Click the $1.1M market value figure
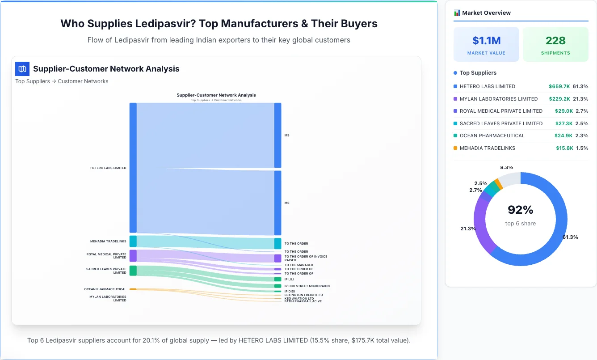(x=486, y=41)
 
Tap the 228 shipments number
(x=555, y=41)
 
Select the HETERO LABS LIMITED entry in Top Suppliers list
(x=487, y=86)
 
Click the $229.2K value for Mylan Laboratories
(x=559, y=99)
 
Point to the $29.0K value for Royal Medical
(x=561, y=111)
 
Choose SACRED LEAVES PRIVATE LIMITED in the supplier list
(x=501, y=123)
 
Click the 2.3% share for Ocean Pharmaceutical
(x=582, y=136)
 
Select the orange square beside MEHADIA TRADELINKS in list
(x=455, y=148)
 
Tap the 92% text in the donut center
(x=521, y=210)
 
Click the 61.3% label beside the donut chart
(x=570, y=237)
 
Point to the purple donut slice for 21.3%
(x=480, y=224)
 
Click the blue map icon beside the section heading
(x=22, y=69)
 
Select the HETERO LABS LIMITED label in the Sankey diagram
(x=108, y=168)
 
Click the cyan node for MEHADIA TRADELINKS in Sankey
(x=133, y=241)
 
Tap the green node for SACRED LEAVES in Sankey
(x=133, y=271)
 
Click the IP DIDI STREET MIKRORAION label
(x=307, y=286)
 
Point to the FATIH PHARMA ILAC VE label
(x=303, y=301)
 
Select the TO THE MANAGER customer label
(x=298, y=265)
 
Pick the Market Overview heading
(x=486, y=13)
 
